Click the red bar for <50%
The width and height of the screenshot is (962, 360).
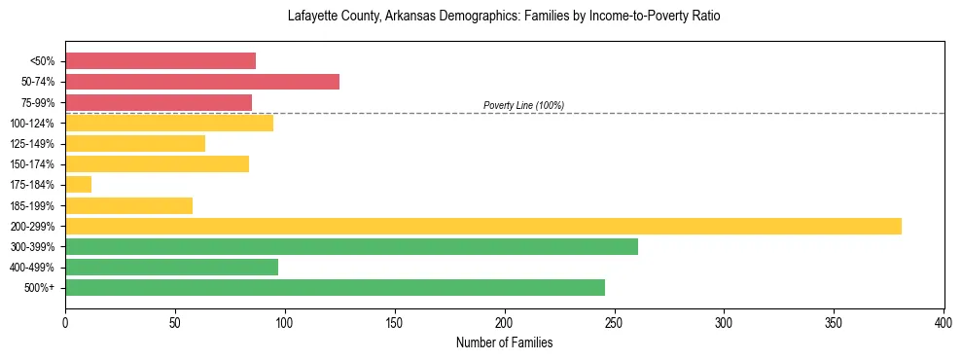[160, 61]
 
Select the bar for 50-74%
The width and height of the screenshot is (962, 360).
[202, 82]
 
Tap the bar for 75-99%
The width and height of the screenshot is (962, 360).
[159, 102]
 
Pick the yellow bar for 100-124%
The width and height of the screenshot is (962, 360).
[169, 123]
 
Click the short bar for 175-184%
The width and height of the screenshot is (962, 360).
[79, 185]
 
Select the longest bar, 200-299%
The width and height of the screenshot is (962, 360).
[483, 227]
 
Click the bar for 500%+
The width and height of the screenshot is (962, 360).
[335, 288]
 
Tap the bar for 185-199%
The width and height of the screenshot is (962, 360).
[128, 205]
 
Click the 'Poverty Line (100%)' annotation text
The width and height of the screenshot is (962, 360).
[523, 105]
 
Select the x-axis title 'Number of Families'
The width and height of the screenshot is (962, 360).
[504, 343]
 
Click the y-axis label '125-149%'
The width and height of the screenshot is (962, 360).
[32, 144]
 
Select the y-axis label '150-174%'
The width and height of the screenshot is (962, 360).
[32, 164]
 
